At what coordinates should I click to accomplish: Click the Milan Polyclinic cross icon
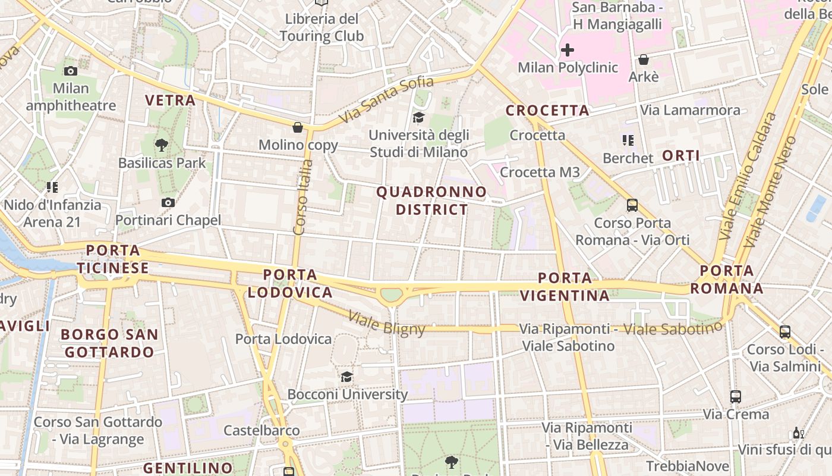tap(568, 50)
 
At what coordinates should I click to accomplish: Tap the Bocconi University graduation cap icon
tap(346, 377)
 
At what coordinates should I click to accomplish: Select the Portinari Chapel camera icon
tap(168, 202)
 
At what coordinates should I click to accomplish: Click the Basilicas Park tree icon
tap(161, 145)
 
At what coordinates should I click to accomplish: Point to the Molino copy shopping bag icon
tap(298, 127)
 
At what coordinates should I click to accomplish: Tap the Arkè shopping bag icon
tap(643, 59)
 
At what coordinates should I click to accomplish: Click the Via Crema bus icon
tap(735, 396)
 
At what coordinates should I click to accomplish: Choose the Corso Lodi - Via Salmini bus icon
tap(784, 331)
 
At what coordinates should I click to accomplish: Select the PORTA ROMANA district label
tap(726, 280)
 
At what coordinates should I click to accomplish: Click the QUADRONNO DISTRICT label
tap(431, 201)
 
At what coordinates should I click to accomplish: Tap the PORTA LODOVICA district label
tap(290, 283)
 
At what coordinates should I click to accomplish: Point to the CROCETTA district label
tap(547, 110)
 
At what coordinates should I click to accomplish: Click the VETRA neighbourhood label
tap(171, 100)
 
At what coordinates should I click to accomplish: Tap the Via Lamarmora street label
tap(690, 110)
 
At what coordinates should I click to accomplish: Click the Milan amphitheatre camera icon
tap(71, 71)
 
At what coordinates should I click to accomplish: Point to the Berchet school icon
tap(628, 140)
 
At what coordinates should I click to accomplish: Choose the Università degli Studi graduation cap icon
tap(419, 117)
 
